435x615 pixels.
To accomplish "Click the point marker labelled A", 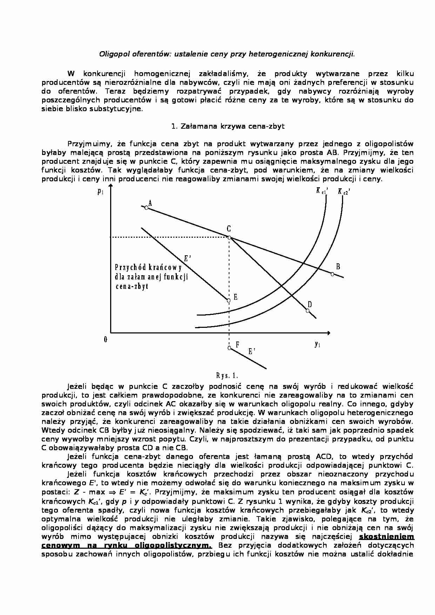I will point(147,208).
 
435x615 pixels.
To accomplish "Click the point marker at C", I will point(229,238).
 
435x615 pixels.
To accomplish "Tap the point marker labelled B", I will point(332,274).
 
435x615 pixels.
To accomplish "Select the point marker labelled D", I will point(308,311).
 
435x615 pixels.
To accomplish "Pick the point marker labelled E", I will point(229,300).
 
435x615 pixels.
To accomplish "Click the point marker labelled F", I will point(229,348).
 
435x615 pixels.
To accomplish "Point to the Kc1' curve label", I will point(322,191).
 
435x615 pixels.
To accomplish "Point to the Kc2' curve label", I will point(344,191).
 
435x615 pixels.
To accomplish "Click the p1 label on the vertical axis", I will point(100,191).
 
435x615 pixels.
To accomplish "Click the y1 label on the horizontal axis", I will point(317,344).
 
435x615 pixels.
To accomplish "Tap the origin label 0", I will point(105,339).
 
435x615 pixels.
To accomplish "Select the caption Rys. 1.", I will point(227,376).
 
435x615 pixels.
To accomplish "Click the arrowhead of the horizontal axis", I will point(328,332).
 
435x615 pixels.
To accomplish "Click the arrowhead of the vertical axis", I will point(111,190).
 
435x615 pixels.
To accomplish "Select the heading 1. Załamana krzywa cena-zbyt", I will point(228,126).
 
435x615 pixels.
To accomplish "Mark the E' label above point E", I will point(187,259).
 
